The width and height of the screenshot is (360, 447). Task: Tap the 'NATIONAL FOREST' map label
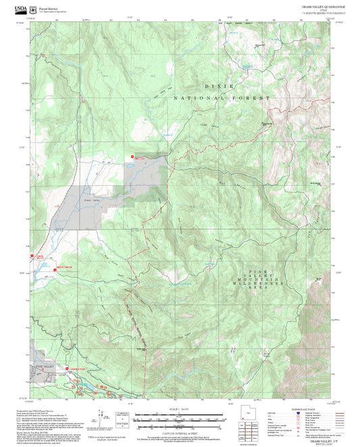pyautogui.click(x=222, y=99)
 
